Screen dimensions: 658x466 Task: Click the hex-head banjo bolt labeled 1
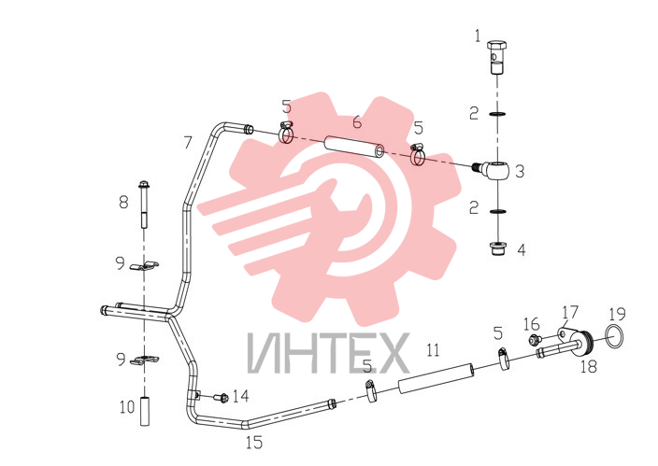coord(497,57)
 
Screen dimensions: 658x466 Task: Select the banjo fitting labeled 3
coord(493,170)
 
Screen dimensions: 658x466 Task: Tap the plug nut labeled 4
coord(497,248)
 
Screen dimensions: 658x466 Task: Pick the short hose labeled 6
coord(355,148)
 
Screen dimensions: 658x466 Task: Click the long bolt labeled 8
coord(144,204)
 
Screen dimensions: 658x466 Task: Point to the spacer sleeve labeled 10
coord(144,411)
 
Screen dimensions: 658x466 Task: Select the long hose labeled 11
coord(436,378)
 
